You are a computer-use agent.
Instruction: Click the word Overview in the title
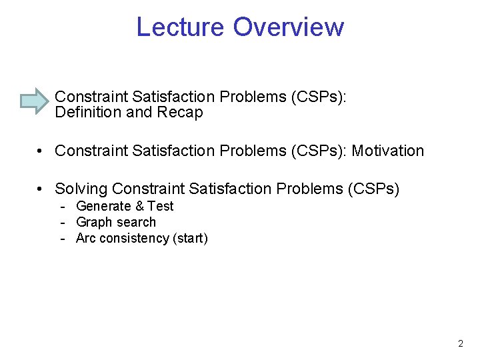[x=289, y=27]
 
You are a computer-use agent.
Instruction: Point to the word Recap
[x=180, y=113]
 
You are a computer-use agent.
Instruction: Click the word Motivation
[x=388, y=151]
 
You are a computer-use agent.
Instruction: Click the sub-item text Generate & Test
[x=125, y=206]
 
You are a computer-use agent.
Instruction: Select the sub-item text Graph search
[x=116, y=222]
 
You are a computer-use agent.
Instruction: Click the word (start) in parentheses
[x=190, y=238]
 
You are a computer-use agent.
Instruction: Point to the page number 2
[x=461, y=344]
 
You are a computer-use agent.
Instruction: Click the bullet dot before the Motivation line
[x=41, y=151]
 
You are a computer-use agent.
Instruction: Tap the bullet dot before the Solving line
[x=41, y=189]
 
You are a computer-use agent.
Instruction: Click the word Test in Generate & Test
[x=161, y=206]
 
